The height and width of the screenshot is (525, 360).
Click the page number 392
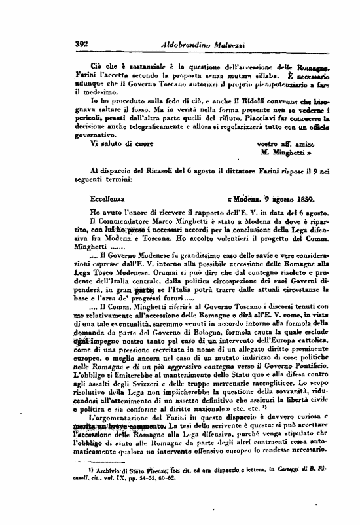tap(82, 45)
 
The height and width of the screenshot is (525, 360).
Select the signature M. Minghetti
tap(289, 153)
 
